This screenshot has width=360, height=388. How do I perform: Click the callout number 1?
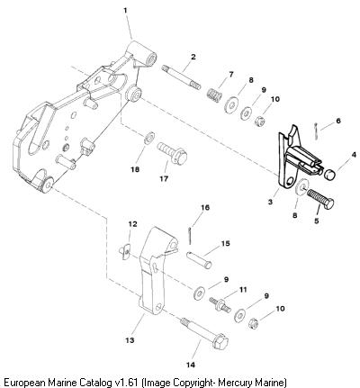[x=125, y=11]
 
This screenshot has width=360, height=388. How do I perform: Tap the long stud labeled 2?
[x=181, y=77]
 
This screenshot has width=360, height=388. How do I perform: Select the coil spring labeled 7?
[x=215, y=94]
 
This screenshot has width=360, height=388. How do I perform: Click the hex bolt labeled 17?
[x=173, y=153]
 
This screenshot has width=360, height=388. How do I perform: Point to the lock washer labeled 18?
[x=149, y=138]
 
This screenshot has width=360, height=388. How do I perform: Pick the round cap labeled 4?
[x=330, y=175]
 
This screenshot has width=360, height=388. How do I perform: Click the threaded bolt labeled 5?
[x=320, y=199]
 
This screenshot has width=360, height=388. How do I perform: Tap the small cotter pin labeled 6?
[x=316, y=131]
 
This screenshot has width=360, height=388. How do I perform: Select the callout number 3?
[x=270, y=202]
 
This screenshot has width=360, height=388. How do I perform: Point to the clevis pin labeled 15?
[x=199, y=260]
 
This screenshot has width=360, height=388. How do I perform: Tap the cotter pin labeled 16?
[x=190, y=236]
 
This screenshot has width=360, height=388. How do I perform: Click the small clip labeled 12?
[x=124, y=251]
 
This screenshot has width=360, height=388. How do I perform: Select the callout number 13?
[x=130, y=340]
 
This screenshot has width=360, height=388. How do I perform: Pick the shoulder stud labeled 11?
[x=220, y=304]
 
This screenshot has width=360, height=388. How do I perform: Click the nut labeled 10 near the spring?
[x=259, y=122]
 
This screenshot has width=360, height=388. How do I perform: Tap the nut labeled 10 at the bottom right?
[x=254, y=323]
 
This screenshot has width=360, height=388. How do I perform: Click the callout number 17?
[x=164, y=179]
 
